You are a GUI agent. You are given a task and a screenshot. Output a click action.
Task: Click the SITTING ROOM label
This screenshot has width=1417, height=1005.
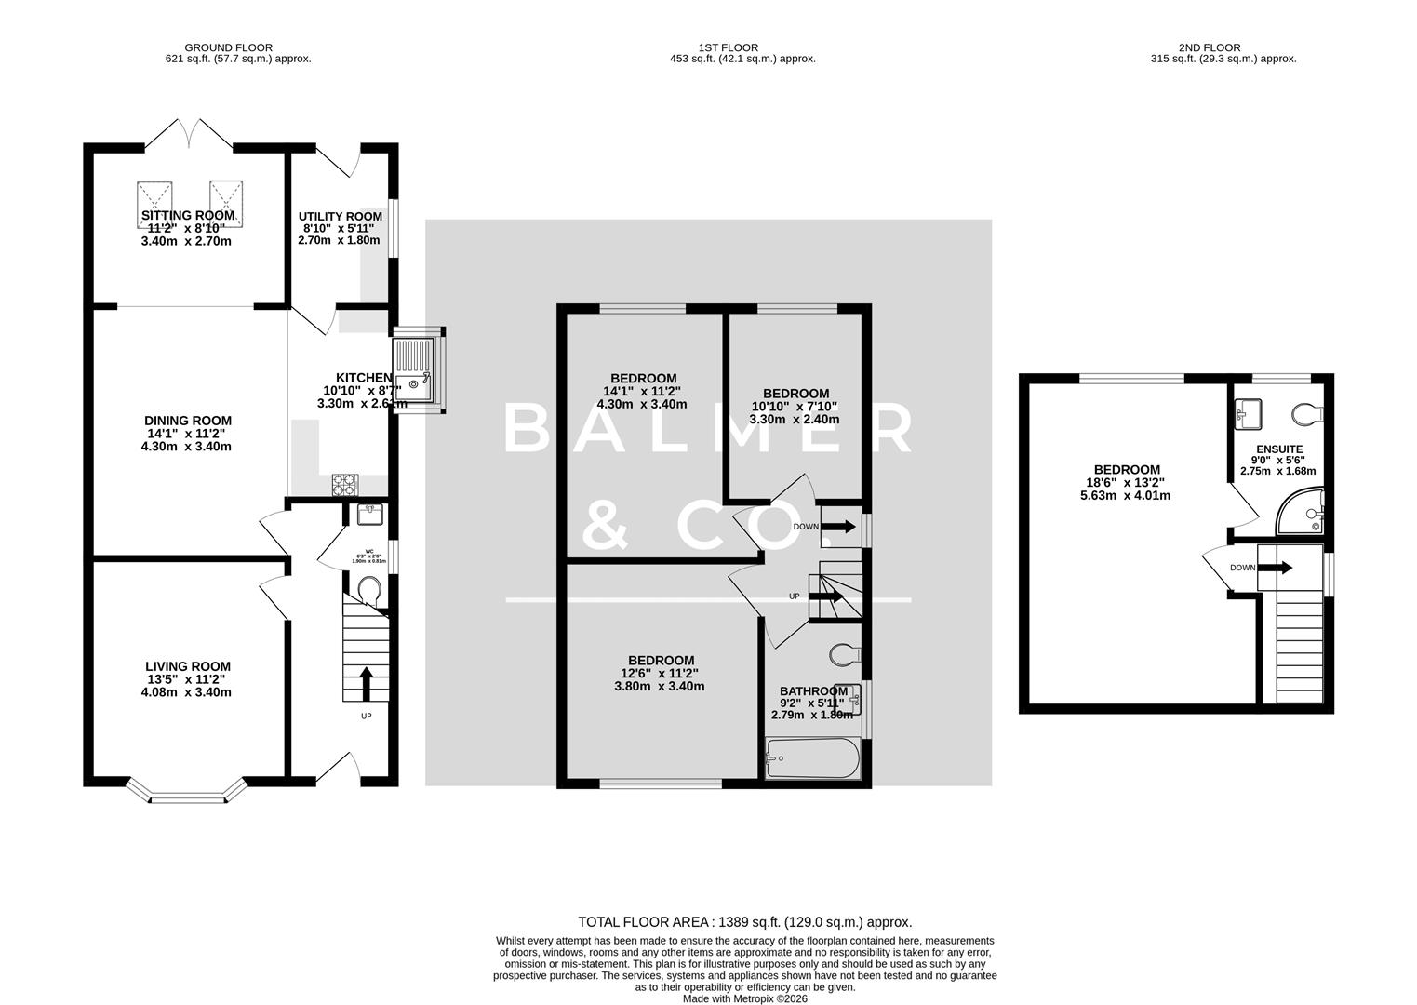(188, 215)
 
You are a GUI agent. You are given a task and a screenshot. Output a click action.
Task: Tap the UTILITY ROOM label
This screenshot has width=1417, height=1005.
(340, 216)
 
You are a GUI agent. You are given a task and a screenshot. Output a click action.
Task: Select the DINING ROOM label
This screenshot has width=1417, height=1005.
(188, 421)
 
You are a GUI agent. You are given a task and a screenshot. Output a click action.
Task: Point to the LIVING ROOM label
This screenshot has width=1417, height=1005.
(188, 666)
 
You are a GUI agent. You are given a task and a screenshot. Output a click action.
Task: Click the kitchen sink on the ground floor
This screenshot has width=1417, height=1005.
(414, 369)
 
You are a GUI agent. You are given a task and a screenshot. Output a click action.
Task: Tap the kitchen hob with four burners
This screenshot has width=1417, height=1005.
(345, 485)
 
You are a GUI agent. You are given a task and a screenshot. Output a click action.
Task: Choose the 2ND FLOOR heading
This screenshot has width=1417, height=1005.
(1209, 47)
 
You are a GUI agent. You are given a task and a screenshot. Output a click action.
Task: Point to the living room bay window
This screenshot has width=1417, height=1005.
(188, 796)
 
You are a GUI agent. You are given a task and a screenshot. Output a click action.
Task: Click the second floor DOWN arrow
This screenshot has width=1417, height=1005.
(1280, 568)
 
